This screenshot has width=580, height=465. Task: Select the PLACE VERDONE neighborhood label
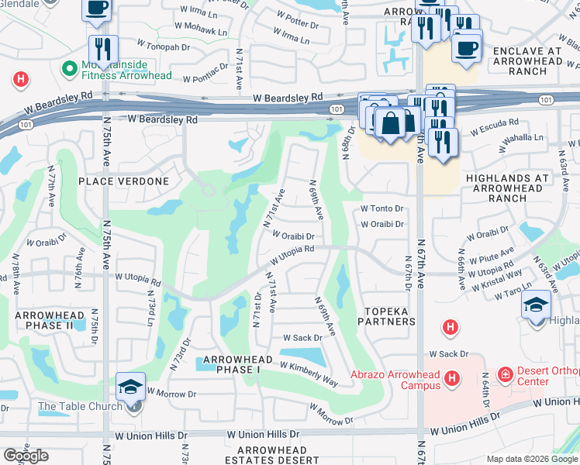coord(123,181)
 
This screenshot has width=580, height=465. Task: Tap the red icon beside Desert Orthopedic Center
coord(505,375)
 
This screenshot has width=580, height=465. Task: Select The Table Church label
coord(80,406)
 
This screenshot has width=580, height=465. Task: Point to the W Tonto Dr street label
coord(382,208)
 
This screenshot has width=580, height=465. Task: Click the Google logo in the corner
coord(26,456)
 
